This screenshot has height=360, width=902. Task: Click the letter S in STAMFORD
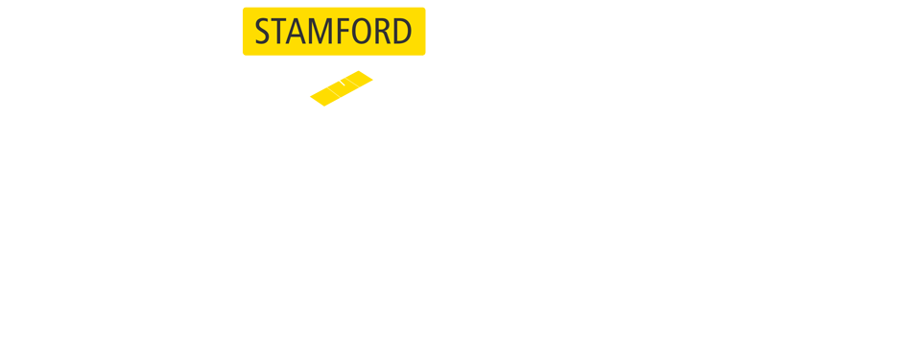tap(263, 33)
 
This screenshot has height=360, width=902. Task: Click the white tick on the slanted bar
tap(342, 84)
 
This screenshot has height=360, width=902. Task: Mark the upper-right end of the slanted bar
tap(370, 76)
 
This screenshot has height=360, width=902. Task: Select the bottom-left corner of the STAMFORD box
tap(244, 54)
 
